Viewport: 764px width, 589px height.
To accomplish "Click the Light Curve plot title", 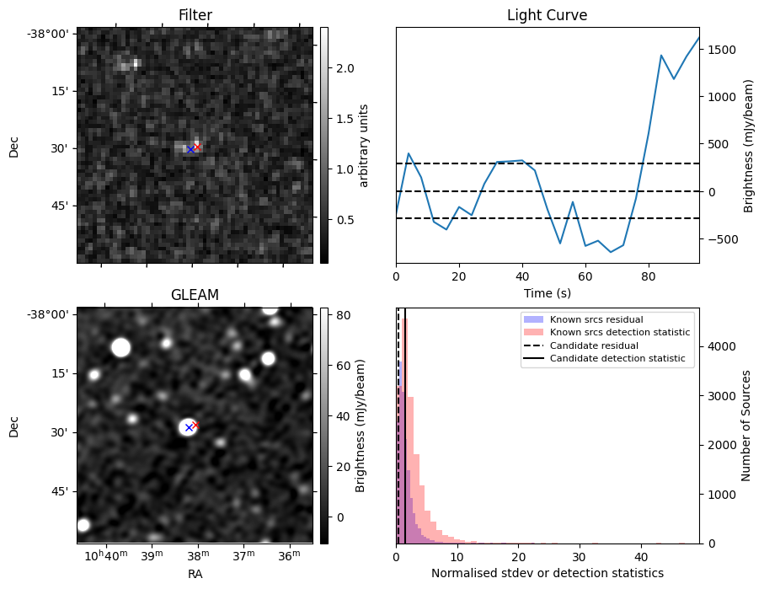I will click(547, 15).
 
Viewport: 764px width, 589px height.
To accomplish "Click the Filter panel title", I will click(195, 15).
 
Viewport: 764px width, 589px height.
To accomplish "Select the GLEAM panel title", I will click(195, 295).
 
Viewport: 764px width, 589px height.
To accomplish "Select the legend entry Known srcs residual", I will click(596, 319).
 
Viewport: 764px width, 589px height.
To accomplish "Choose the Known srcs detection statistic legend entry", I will click(619, 332).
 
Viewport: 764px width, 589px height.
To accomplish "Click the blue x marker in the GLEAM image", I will click(189, 428).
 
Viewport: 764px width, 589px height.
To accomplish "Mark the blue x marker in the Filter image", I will click(191, 149).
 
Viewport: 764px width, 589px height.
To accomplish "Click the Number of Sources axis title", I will click(747, 426).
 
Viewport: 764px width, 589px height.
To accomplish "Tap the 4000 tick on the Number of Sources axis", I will click(722, 346).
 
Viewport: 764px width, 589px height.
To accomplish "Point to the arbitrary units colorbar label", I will click(365, 145).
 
